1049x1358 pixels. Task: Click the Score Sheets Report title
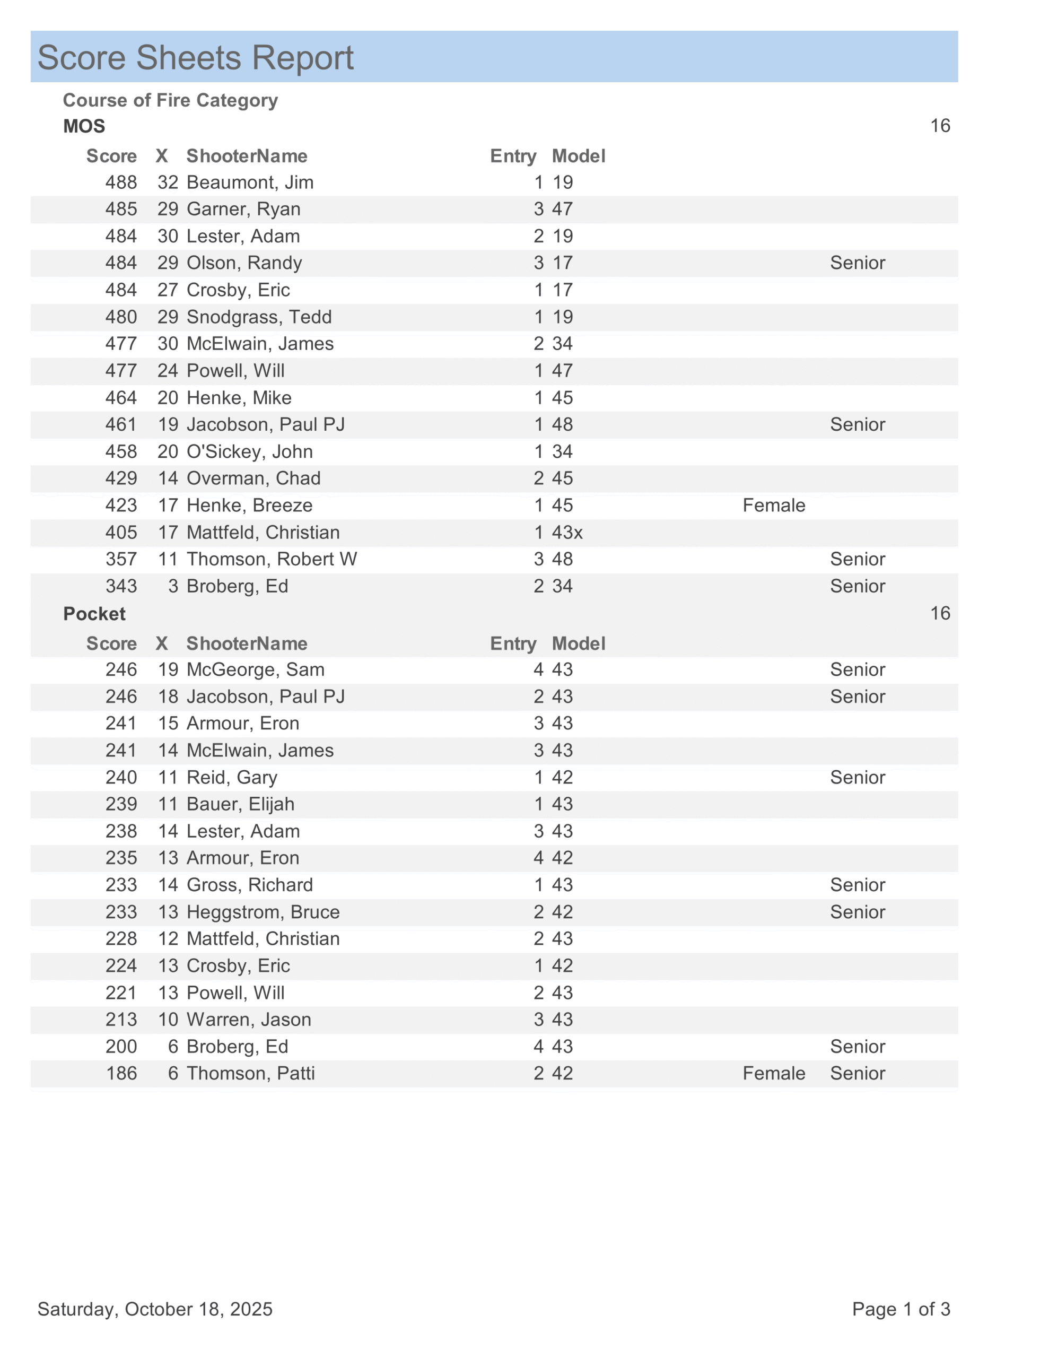tap(195, 58)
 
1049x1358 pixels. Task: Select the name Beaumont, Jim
tap(250, 182)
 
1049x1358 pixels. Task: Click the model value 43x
tap(567, 532)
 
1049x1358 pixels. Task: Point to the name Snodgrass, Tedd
tap(259, 317)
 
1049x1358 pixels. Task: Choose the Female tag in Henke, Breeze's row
tap(774, 506)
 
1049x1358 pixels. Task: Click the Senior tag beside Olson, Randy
tap(857, 263)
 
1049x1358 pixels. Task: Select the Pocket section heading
tap(94, 614)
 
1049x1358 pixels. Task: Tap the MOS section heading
tap(84, 126)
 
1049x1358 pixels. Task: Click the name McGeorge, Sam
tap(256, 669)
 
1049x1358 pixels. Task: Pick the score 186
tap(121, 1073)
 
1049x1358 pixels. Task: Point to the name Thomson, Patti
tap(251, 1073)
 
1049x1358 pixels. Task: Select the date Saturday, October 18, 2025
tap(155, 1309)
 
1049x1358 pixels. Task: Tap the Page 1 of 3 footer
tap(901, 1309)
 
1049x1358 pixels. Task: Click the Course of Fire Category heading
tap(170, 100)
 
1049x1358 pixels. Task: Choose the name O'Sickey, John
tap(249, 451)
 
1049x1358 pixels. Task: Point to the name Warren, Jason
tap(249, 1020)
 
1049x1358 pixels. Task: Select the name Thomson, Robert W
tap(272, 559)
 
